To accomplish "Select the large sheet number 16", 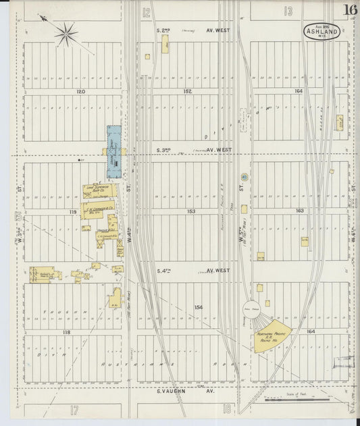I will (x=350, y=9).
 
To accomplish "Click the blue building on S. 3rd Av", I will (x=114, y=151).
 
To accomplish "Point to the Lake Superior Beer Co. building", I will (x=99, y=191).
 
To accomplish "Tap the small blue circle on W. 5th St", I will (x=244, y=177).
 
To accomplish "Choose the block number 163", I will (x=299, y=211).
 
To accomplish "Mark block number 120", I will (x=82, y=90).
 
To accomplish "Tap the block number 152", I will (x=187, y=90).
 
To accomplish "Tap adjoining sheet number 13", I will (x=288, y=11).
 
